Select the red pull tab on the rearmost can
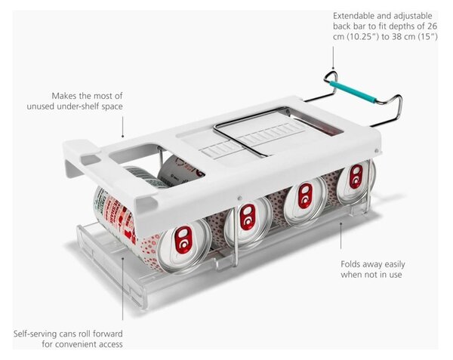pos(356,176)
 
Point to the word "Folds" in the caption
pos(350,264)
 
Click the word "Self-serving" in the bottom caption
pos(35,334)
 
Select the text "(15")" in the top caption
pos(428,37)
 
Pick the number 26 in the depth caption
pos(432,26)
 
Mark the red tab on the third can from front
pos(305,196)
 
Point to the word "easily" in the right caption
pos(394,264)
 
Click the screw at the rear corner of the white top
pos(376,150)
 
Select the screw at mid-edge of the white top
pos(239,198)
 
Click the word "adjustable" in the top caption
pos(413,16)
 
